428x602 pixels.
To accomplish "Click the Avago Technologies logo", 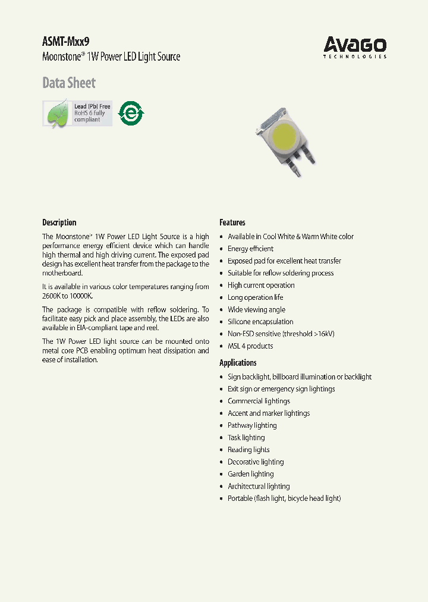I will point(355,47).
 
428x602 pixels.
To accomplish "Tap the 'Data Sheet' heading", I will point(68,83).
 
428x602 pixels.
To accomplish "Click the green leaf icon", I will point(58,113).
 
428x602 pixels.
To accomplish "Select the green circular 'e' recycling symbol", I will point(131,113).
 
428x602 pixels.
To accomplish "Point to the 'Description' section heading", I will point(59,222).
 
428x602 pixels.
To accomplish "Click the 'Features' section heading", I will point(232,222).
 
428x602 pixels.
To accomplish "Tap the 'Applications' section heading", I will point(238,363).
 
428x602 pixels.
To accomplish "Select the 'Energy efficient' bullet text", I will point(250,249).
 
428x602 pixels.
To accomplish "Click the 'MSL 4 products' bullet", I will point(250,346).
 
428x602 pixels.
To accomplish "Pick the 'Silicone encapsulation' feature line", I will point(260,322).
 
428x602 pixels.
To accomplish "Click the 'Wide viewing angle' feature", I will point(256,309).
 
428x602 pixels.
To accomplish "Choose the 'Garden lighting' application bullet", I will point(250,474).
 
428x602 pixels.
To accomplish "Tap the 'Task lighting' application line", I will point(246,438).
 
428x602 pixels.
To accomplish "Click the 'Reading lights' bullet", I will point(248,450).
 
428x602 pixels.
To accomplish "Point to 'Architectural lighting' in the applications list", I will point(259,486).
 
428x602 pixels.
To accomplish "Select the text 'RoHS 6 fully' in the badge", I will point(89,113).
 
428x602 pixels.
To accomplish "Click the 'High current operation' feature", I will point(261,285).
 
